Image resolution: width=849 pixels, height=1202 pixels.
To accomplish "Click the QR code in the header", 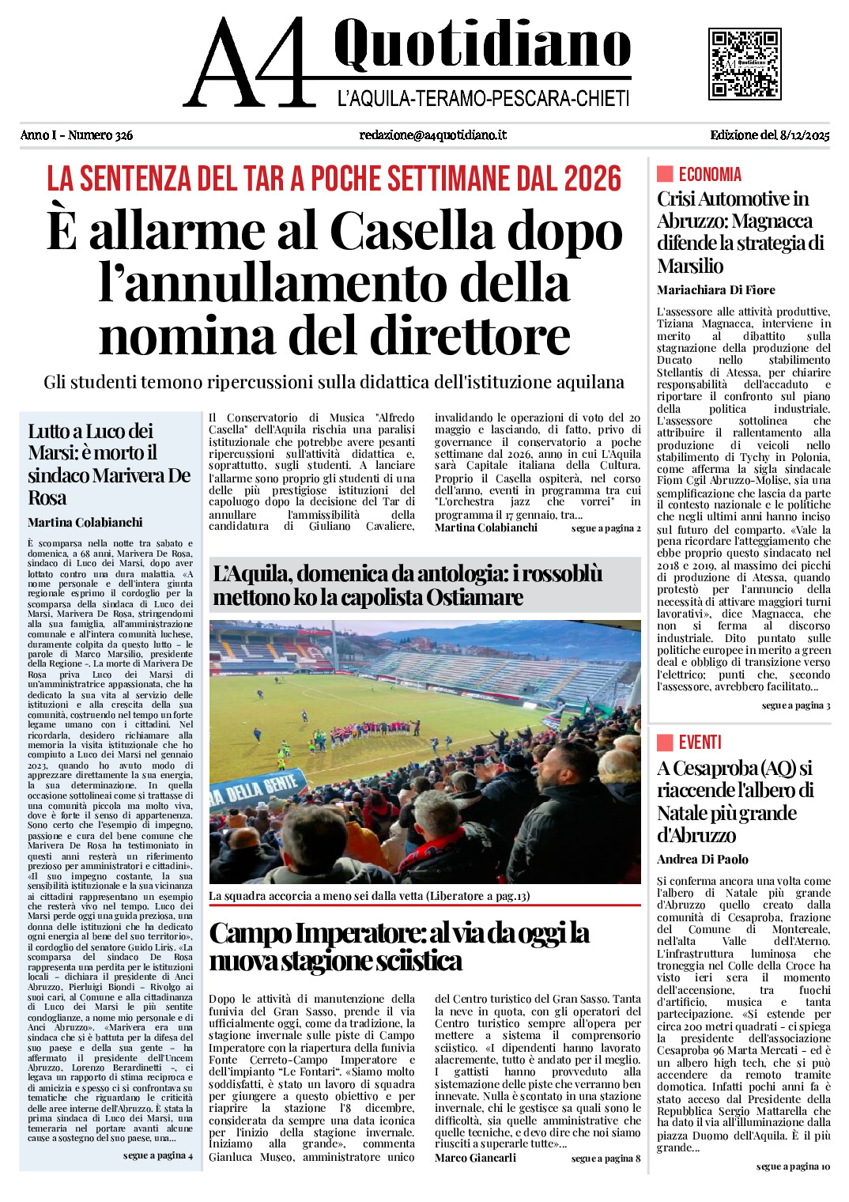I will point(745,64).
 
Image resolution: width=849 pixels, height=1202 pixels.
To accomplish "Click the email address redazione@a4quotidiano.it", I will point(432,135).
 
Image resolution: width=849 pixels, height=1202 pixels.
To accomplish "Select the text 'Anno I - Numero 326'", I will point(77,135).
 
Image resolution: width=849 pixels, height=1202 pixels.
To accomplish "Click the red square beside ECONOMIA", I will point(665,174).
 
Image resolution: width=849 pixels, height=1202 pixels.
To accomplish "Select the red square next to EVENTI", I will point(665,742).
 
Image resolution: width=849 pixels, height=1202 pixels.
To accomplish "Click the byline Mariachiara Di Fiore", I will point(715,290).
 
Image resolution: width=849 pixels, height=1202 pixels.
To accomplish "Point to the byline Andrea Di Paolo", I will point(702,860).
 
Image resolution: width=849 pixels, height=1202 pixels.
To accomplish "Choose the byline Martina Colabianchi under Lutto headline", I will point(85,523).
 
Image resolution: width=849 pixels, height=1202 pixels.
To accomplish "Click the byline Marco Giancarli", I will point(475,1158).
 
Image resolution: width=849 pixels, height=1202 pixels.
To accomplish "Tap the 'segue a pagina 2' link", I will point(606,528).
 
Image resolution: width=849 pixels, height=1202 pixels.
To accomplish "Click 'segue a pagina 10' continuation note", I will point(793,1166).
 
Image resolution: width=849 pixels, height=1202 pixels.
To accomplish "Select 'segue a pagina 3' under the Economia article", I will point(795,705).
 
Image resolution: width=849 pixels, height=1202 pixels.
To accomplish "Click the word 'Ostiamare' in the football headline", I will point(474,597).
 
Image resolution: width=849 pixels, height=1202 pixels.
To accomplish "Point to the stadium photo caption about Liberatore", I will point(369,896).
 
